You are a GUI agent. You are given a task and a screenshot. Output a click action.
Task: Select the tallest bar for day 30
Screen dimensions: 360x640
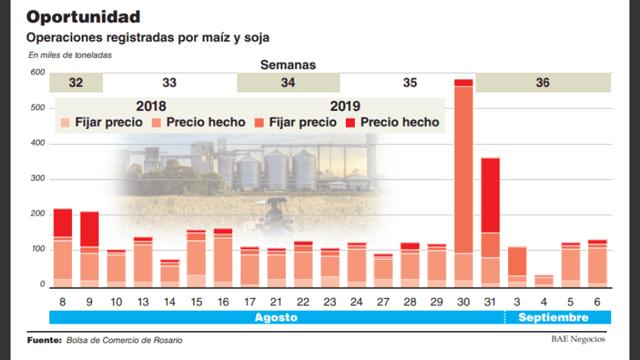coord(464,185)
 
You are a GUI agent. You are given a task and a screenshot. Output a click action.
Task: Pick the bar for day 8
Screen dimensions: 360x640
coord(63,248)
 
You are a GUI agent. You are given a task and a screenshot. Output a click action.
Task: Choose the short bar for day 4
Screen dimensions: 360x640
coord(544,281)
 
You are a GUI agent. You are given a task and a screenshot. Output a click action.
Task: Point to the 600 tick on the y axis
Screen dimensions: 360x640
coord(37,73)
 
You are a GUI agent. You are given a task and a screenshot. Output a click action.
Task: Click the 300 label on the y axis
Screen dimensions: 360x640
coord(37,179)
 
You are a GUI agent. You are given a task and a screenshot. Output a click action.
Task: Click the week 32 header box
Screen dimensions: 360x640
coord(76,83)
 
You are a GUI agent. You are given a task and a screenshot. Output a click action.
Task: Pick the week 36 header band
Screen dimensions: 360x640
coord(543,83)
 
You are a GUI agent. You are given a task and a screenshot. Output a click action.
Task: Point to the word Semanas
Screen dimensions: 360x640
coord(288,65)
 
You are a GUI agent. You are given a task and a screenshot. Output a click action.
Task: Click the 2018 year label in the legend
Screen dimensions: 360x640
coord(151,106)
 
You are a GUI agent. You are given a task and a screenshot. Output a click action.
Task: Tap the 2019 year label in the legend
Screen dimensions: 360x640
coord(345,106)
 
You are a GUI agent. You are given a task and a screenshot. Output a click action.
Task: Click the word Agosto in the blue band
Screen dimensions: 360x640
coord(276,318)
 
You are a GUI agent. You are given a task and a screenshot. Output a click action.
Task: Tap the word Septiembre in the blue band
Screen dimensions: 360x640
coord(553,318)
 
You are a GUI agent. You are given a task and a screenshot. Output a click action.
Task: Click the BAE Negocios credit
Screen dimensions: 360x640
coord(578,340)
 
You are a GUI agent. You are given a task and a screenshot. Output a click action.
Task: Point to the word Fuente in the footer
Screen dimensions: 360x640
coord(44,340)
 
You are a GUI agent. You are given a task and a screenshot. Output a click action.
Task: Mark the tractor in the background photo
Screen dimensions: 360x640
coord(273,212)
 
